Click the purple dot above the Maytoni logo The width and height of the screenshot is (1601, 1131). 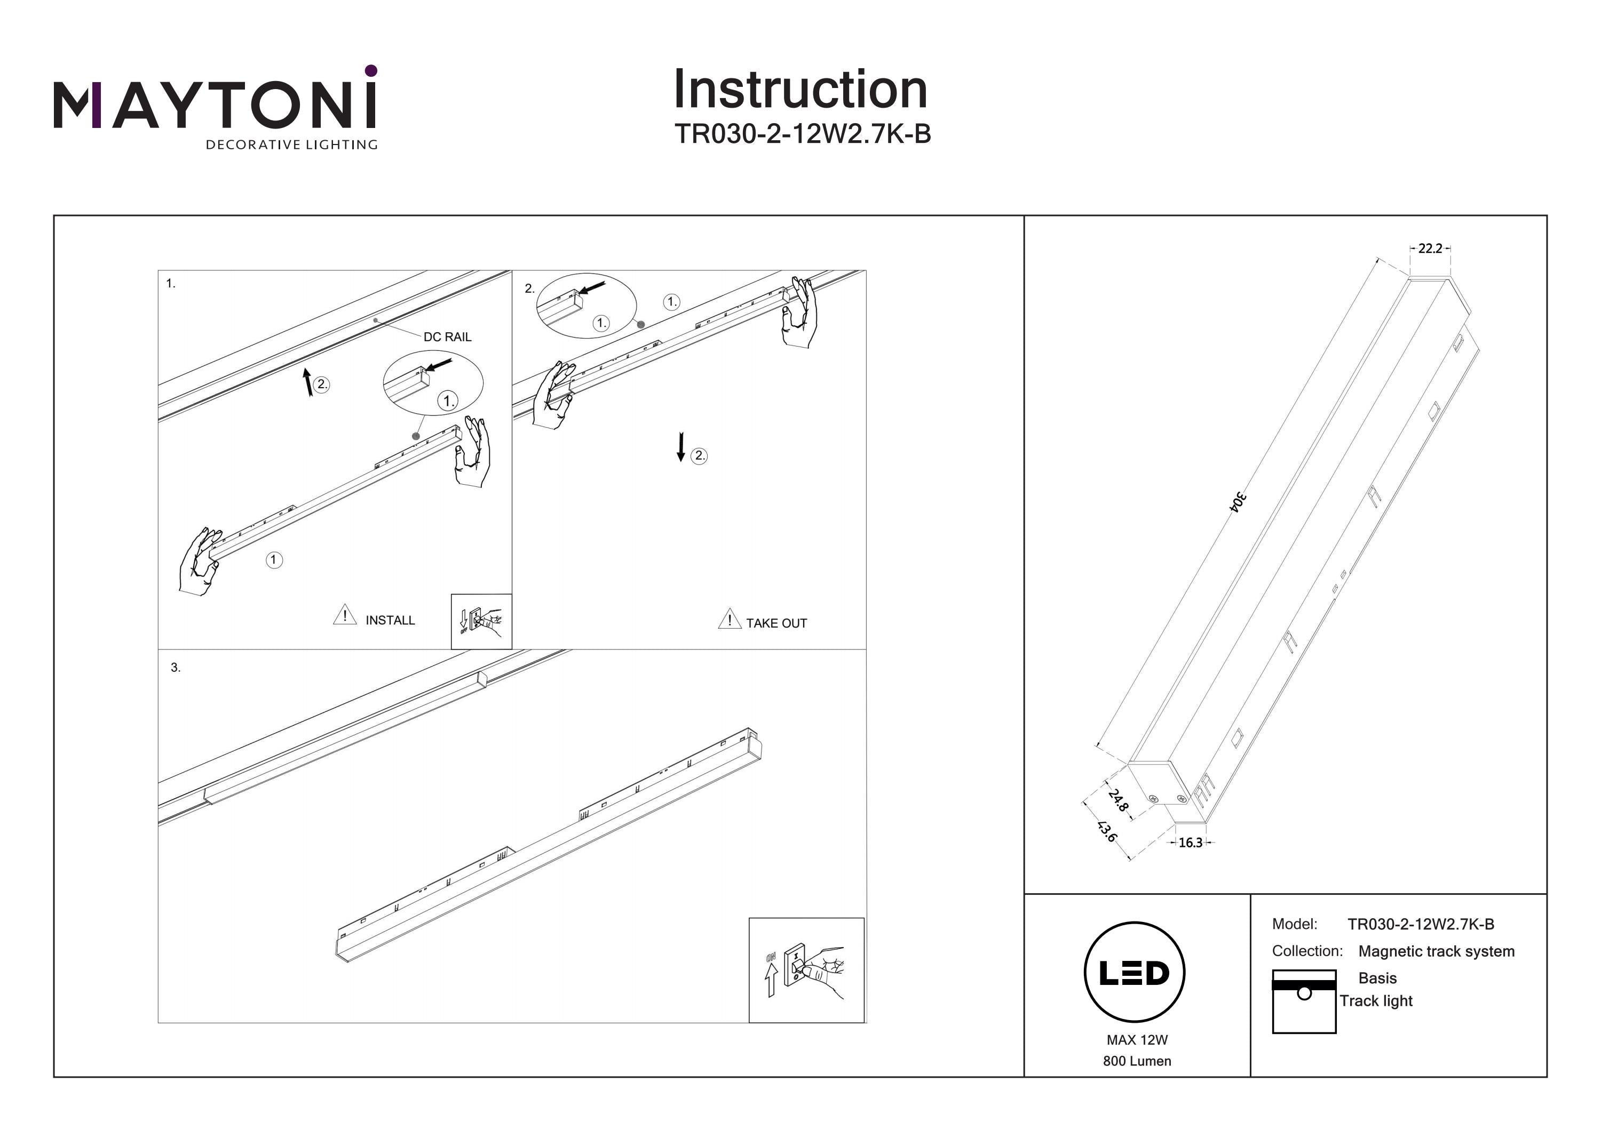pyautogui.click(x=371, y=70)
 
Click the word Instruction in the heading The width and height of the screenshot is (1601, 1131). pyautogui.click(x=800, y=90)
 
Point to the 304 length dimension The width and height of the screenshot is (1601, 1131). pyautogui.click(x=1237, y=502)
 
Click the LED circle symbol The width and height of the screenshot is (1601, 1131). pyautogui.click(x=1134, y=973)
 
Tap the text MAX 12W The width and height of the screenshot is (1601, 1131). pyautogui.click(x=1137, y=1040)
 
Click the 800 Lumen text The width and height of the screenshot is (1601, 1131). pyautogui.click(x=1137, y=1061)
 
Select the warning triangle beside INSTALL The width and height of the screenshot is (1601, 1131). pyautogui.click(x=344, y=615)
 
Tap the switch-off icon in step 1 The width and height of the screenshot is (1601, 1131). pyautogui.click(x=481, y=621)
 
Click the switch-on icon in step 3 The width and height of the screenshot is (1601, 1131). pyautogui.click(x=806, y=970)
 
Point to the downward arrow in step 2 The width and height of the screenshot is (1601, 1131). pyautogui.click(x=680, y=447)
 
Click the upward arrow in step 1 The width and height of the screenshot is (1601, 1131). pyautogui.click(x=307, y=382)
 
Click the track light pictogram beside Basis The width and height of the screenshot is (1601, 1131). pyautogui.click(x=1303, y=1001)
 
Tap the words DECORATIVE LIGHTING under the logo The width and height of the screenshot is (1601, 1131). pyautogui.click(x=291, y=145)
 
